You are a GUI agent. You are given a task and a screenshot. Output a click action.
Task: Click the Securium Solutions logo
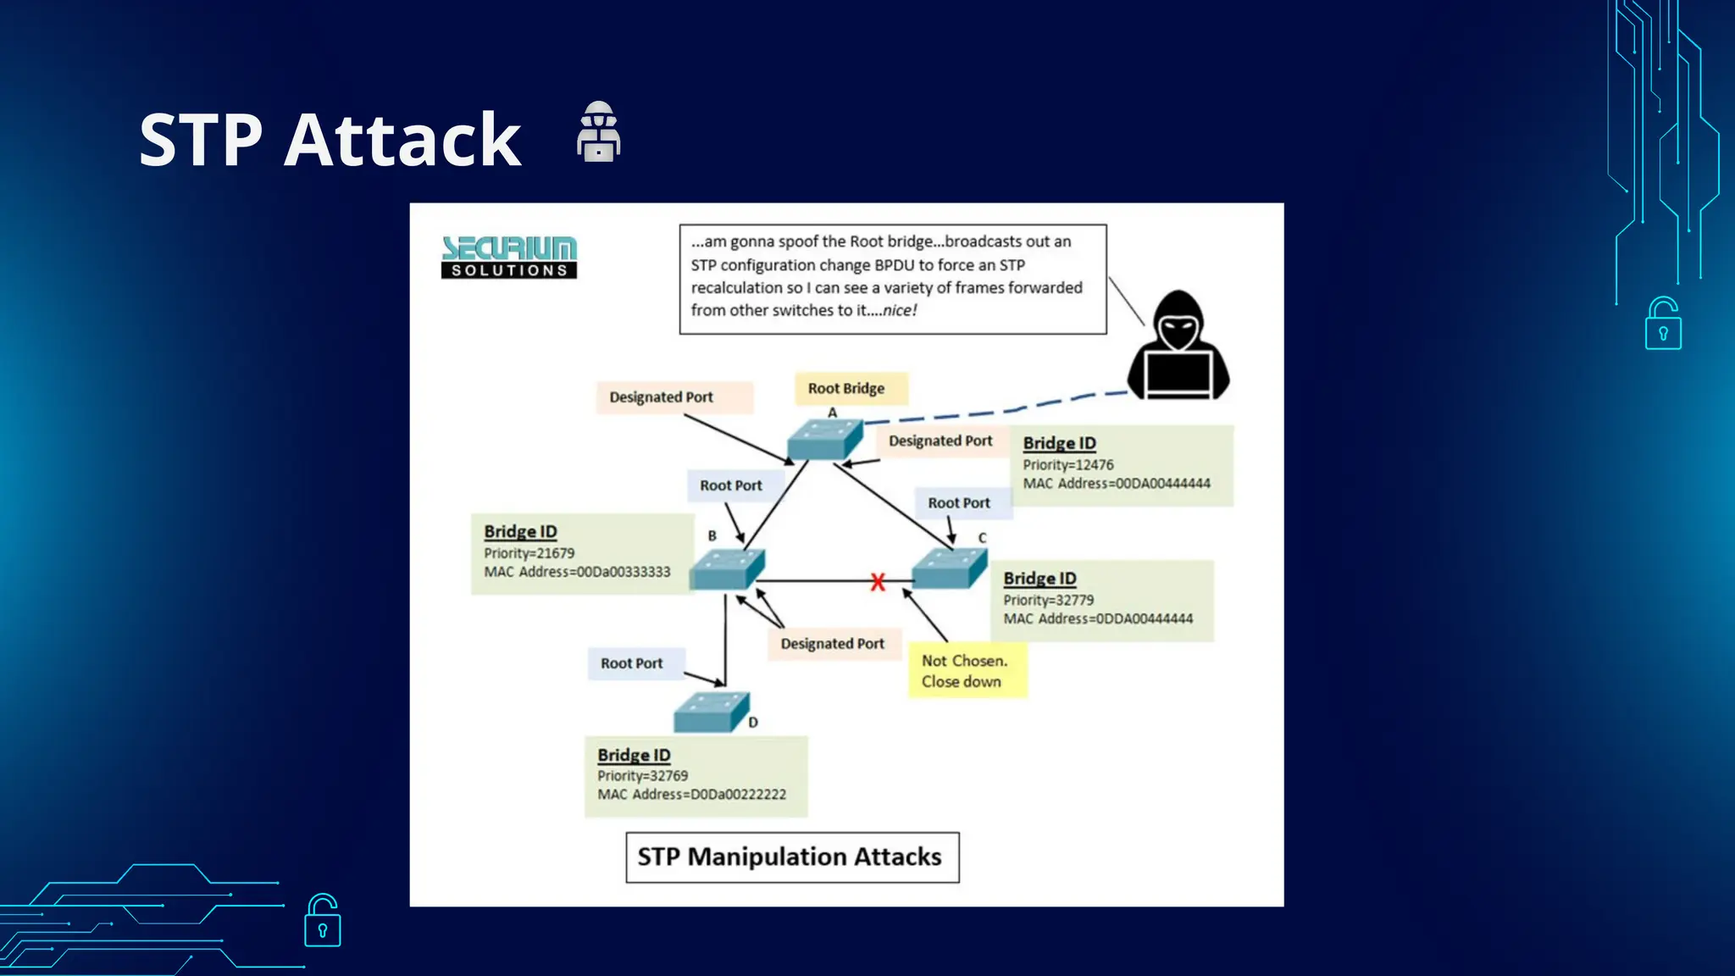click(509, 257)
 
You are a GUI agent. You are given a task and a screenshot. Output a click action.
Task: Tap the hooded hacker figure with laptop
click(1178, 347)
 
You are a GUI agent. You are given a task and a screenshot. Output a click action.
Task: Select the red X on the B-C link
click(878, 582)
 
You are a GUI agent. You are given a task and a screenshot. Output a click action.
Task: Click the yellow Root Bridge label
click(847, 388)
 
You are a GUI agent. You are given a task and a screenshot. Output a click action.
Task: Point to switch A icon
click(824, 439)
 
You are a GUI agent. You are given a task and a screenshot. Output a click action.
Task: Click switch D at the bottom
click(711, 713)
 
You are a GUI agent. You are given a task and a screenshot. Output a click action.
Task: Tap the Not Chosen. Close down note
click(966, 671)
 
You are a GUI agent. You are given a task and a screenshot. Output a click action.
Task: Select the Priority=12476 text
click(1067, 465)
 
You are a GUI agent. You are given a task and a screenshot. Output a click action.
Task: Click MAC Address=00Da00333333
click(577, 572)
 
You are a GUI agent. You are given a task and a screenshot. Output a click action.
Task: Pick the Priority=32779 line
click(1048, 600)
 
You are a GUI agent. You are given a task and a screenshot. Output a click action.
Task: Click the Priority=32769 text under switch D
click(642, 776)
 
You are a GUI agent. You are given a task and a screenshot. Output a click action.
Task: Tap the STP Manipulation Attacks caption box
click(791, 857)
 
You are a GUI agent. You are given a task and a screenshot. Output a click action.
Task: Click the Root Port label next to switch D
click(632, 663)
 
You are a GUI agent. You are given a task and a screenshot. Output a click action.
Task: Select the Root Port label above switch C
click(958, 503)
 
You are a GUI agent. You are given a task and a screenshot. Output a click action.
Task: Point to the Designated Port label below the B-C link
click(832, 644)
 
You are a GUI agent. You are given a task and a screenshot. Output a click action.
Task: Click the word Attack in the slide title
click(402, 140)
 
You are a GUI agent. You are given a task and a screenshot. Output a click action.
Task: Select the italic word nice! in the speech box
click(900, 311)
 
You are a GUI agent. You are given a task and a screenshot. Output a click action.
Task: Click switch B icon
click(727, 568)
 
